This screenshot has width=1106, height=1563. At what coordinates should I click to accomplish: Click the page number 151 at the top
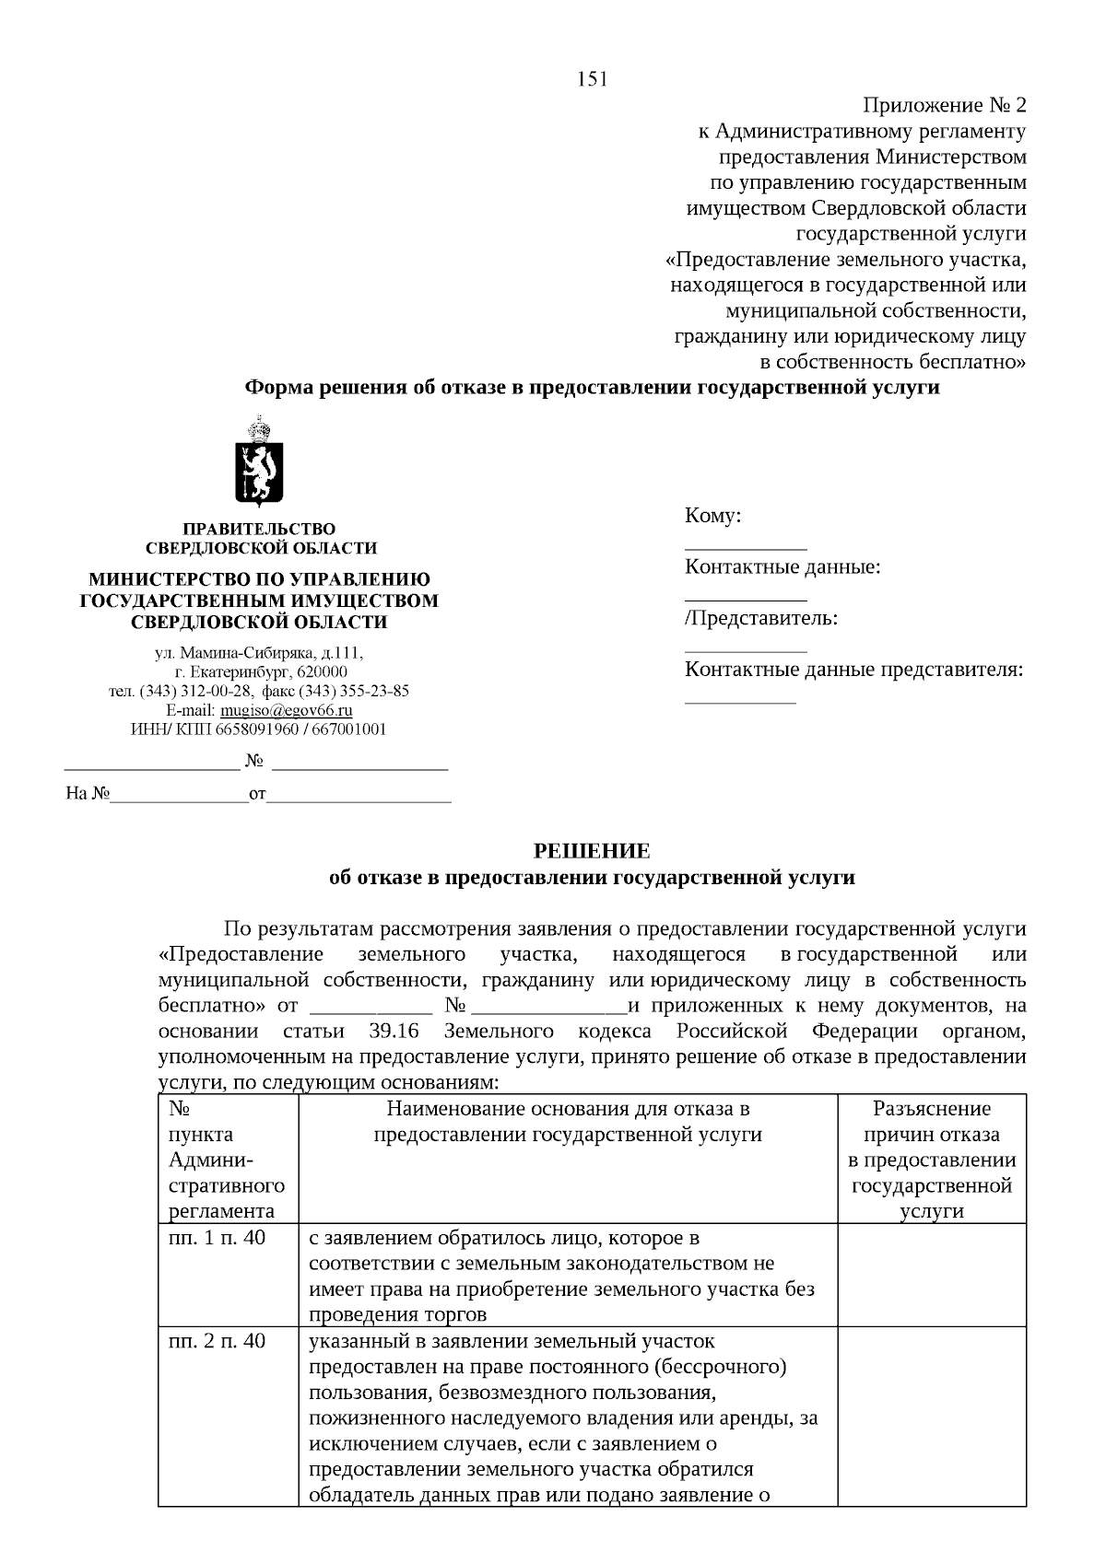pyautogui.click(x=592, y=79)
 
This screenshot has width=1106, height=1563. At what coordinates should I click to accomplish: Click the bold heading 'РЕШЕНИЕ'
pyautogui.click(x=592, y=851)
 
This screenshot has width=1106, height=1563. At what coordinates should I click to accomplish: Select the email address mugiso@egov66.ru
pyautogui.click(x=286, y=710)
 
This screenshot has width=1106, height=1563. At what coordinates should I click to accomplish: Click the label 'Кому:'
pyautogui.click(x=712, y=516)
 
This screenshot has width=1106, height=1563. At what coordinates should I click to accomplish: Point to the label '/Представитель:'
pyautogui.click(x=761, y=618)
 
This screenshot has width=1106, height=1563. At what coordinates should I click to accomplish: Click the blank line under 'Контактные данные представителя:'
pyautogui.click(x=739, y=702)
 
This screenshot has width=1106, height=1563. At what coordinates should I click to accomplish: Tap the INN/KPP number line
pyautogui.click(x=259, y=729)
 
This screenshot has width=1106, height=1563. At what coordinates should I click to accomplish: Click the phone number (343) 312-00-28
pyautogui.click(x=195, y=691)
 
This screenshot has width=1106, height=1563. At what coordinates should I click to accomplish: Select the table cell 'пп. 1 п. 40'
pyautogui.click(x=217, y=1238)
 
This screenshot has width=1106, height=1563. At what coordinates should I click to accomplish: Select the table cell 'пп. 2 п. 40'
pyautogui.click(x=217, y=1341)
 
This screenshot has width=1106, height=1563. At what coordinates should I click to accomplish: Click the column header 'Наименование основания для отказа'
pyautogui.click(x=568, y=1122)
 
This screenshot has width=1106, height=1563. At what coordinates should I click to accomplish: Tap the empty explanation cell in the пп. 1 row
pyautogui.click(x=932, y=1275)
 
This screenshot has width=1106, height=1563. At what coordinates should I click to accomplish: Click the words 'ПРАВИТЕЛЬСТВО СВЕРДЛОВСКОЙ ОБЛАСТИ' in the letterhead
pyautogui.click(x=261, y=539)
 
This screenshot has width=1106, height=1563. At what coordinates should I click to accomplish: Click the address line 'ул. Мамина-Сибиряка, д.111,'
pyautogui.click(x=259, y=653)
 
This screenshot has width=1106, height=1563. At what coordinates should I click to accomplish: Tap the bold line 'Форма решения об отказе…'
pyautogui.click(x=592, y=388)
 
